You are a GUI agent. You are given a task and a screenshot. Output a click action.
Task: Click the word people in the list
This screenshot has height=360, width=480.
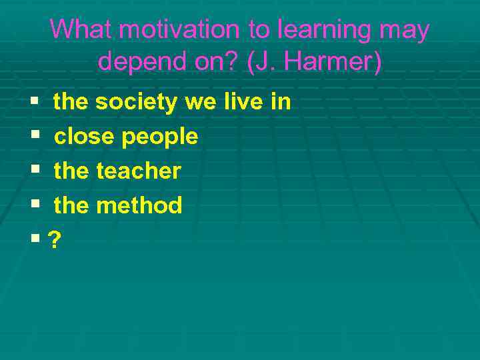[x=160, y=137]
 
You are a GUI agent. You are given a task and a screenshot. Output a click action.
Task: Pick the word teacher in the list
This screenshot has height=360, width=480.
[x=138, y=171]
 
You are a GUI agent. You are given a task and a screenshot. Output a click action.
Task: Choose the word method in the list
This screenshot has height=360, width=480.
[x=139, y=205]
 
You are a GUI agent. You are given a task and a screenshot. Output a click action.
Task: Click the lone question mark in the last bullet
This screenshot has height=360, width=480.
[x=53, y=240]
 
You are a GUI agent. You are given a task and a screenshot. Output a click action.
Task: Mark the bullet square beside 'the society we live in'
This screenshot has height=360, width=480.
[x=34, y=103]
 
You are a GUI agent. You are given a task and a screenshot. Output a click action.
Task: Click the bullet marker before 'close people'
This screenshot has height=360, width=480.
[x=34, y=137]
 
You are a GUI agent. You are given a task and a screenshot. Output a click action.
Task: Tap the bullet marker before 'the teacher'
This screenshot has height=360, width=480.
[x=34, y=171]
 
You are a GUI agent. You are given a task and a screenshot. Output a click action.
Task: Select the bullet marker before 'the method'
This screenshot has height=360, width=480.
[x=34, y=206]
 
